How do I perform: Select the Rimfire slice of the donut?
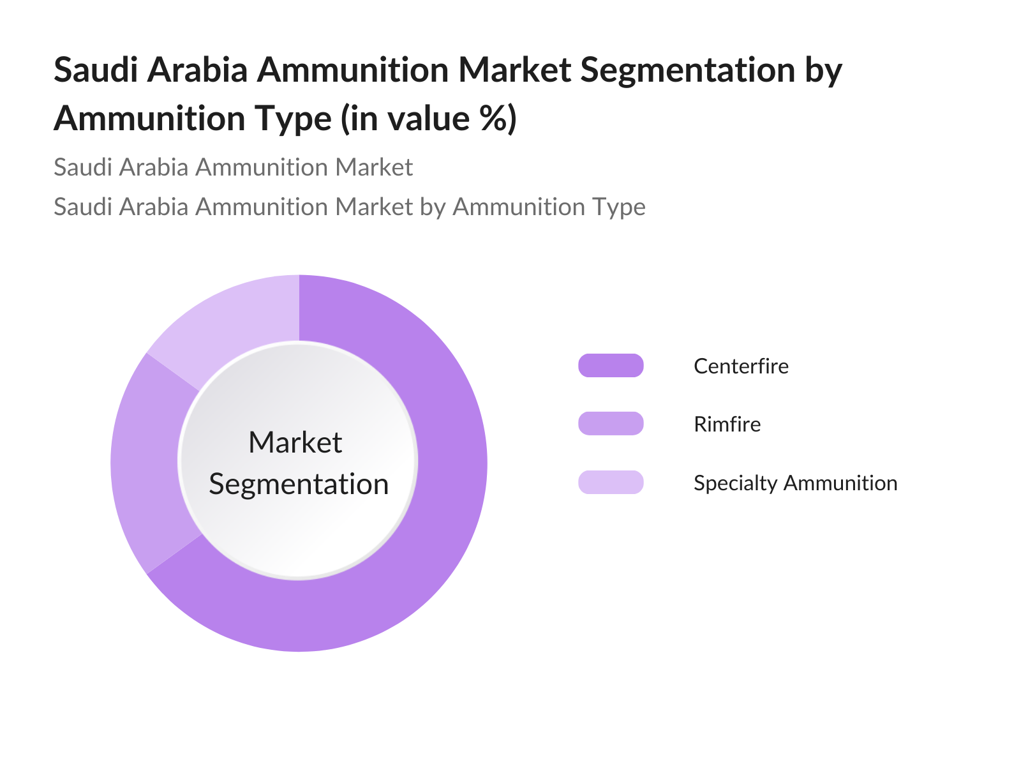coord(145,463)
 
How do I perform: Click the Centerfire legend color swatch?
coord(611,366)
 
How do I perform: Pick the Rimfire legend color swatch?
coord(611,424)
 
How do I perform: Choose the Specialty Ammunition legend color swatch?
coord(611,483)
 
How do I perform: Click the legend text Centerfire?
coord(741,366)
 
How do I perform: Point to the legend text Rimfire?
coord(727,424)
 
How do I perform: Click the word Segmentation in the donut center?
coord(299,484)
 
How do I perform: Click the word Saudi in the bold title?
coord(96,70)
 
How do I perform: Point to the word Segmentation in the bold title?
coord(687,71)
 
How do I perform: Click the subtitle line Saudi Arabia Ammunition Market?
coord(233,167)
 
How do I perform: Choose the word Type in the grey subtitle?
coord(619,207)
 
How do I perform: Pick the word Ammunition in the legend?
coord(840,483)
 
